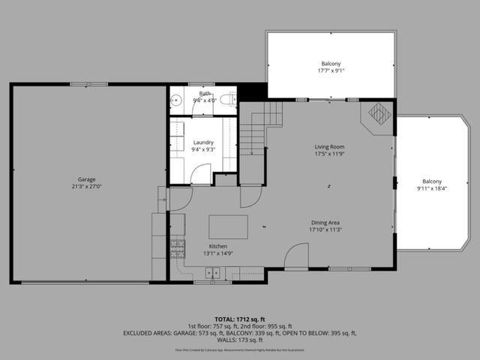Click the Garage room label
87,180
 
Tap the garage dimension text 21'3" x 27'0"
87,187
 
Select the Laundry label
204,142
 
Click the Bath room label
204,93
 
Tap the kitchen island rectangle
228,226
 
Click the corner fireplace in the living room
379,113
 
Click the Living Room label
328,148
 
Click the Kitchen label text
218,247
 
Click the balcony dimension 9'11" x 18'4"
432,188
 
